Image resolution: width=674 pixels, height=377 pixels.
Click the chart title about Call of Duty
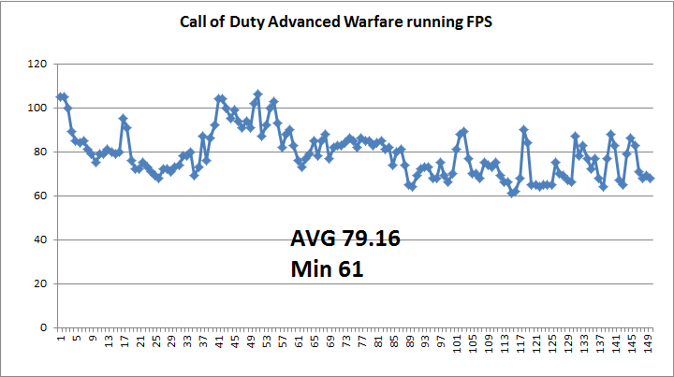[x=336, y=21]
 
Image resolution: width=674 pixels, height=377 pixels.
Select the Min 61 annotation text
[x=328, y=270]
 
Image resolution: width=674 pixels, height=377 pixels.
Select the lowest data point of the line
[x=512, y=194]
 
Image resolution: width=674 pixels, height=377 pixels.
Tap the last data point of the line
[x=651, y=178]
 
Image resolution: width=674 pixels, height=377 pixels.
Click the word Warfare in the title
[x=380, y=21]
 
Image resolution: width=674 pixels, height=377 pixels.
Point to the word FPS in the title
[x=476, y=21]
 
